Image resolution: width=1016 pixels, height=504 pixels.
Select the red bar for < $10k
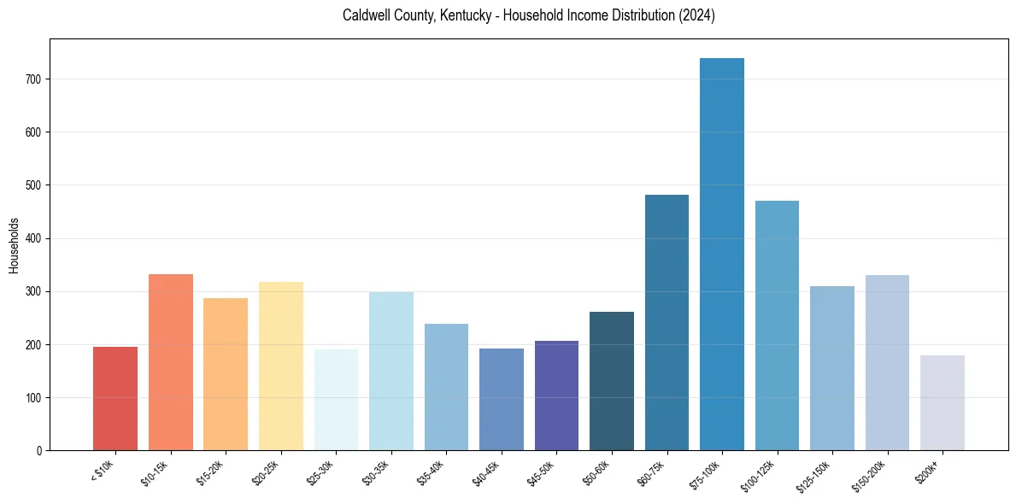click(115, 398)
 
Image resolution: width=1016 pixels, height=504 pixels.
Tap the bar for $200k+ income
click(942, 402)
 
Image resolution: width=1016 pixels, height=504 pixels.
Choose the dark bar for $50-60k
click(611, 381)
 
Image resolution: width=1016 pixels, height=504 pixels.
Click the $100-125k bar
click(777, 325)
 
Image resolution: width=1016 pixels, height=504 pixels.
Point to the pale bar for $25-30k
click(336, 399)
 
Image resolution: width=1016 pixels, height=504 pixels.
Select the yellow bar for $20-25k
click(280, 366)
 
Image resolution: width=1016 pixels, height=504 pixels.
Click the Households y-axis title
click(15, 245)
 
